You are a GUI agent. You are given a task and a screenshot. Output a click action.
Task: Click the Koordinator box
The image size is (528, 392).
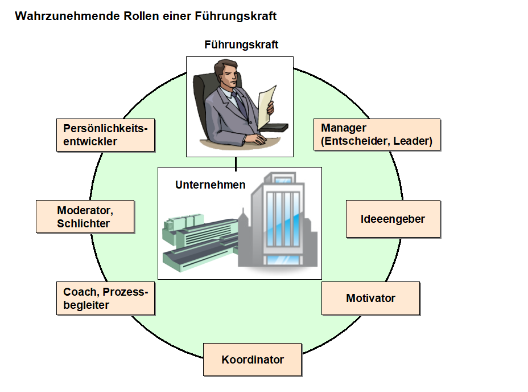coord(252,360)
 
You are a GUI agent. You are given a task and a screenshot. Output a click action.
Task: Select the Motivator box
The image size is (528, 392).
coord(370,298)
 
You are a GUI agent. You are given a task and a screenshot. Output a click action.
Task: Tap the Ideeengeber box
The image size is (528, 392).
coord(393,219)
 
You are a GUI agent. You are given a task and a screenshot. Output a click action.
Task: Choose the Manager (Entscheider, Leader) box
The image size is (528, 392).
coord(377,134)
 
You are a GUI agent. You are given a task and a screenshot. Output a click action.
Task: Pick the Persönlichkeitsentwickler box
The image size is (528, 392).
coord(105,135)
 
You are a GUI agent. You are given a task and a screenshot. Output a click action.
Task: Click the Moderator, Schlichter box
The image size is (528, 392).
coord(85,217)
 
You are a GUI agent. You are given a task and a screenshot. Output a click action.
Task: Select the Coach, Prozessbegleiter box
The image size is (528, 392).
coord(105,298)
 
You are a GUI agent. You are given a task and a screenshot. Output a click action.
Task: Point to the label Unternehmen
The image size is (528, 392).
coord(211,185)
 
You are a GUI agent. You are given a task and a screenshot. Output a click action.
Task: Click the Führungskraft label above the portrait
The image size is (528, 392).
coord(241,44)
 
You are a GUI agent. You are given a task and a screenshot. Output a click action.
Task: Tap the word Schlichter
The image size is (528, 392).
coord(83,223)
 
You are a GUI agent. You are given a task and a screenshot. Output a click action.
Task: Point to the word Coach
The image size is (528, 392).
coord(77,292)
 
